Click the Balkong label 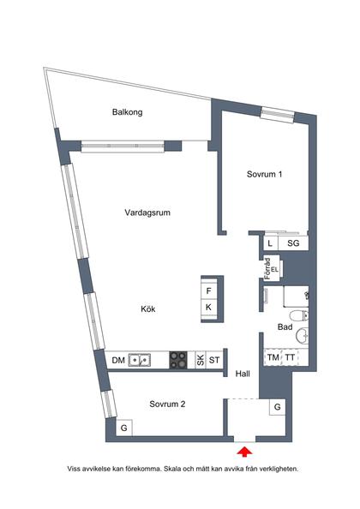(127, 112)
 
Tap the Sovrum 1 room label (264, 174)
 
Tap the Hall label (243, 373)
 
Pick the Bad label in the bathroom (285, 326)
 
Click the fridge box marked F (208, 290)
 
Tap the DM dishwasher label (118, 360)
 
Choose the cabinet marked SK (201, 360)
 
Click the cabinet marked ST (214, 360)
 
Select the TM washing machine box (273, 357)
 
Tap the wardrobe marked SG (292, 243)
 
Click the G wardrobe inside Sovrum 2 (124, 427)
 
